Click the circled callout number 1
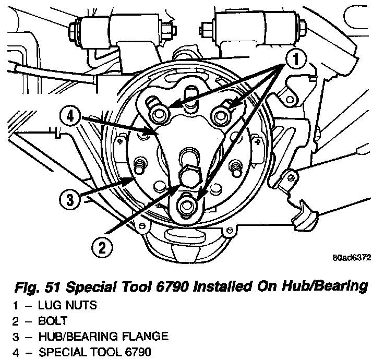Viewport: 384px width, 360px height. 296,59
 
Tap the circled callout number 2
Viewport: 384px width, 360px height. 102,248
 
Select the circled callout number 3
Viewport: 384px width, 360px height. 70,200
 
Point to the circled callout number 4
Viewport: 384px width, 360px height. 70,116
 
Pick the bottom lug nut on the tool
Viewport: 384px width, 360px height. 188,205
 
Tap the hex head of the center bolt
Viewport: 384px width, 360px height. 190,175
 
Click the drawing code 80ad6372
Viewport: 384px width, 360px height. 352,258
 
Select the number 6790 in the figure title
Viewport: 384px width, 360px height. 172,286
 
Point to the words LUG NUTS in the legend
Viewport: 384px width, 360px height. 67,305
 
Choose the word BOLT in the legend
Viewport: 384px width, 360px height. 53,321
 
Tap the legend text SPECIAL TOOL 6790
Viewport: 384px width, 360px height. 95,352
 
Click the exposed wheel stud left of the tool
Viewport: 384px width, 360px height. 139,164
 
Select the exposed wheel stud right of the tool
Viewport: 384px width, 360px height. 236,168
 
